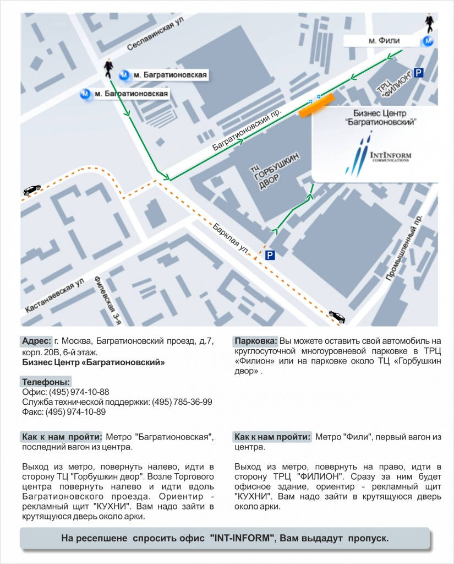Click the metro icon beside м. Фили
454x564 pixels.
(428, 41)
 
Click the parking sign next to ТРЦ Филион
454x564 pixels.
(419, 73)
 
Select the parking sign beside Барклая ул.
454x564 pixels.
(270, 255)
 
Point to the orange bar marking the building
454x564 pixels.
(316, 105)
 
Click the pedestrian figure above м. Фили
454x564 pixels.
(429, 22)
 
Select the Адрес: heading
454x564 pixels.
(36, 340)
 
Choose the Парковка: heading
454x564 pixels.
(255, 340)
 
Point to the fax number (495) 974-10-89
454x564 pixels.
(75, 412)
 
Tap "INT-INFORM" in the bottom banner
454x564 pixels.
(242, 538)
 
